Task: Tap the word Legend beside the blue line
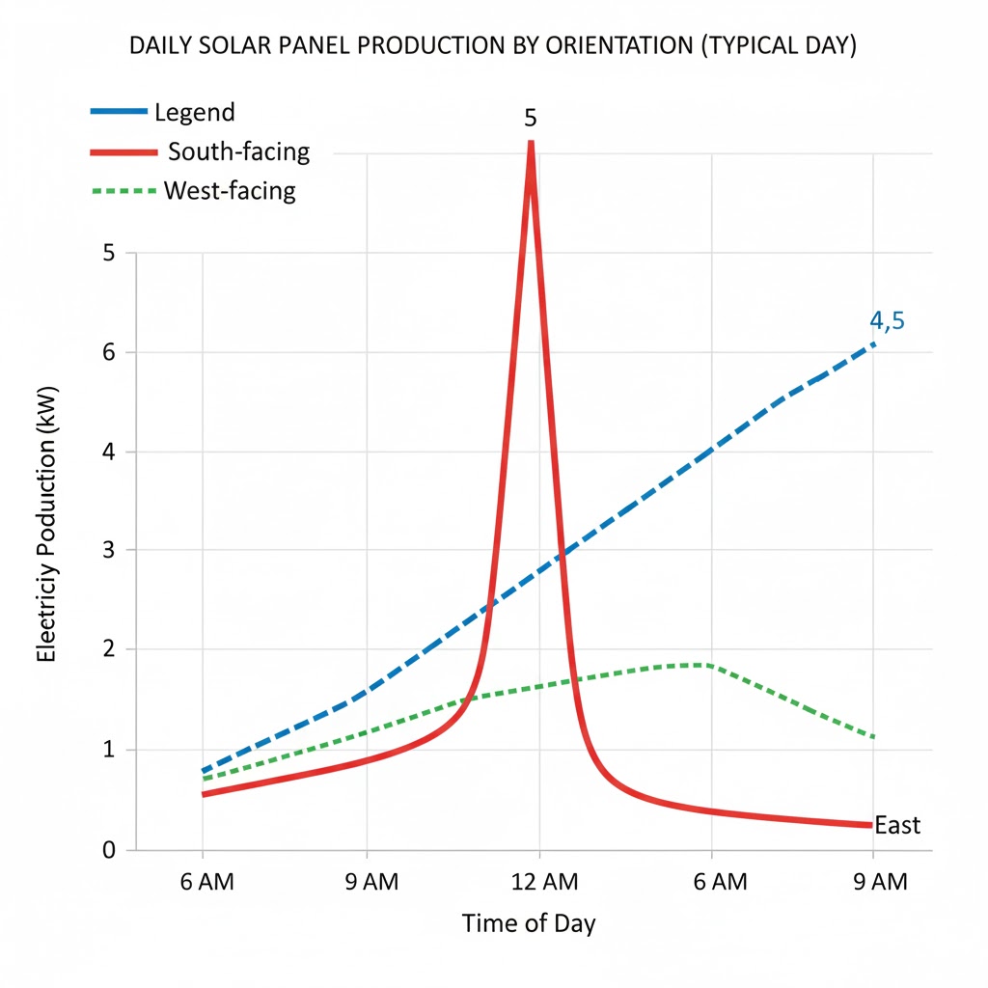194,112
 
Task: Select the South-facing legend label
238,151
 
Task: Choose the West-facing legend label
230,190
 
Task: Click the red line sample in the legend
123,152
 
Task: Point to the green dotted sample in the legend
123,191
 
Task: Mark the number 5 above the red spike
530,119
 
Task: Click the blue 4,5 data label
887,321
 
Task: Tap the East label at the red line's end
897,826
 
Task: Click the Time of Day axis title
529,923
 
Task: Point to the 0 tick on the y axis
108,850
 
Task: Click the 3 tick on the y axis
108,551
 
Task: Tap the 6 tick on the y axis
108,352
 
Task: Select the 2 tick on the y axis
108,650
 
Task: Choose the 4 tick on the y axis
108,452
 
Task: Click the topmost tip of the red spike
530,143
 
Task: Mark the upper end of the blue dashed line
874,343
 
